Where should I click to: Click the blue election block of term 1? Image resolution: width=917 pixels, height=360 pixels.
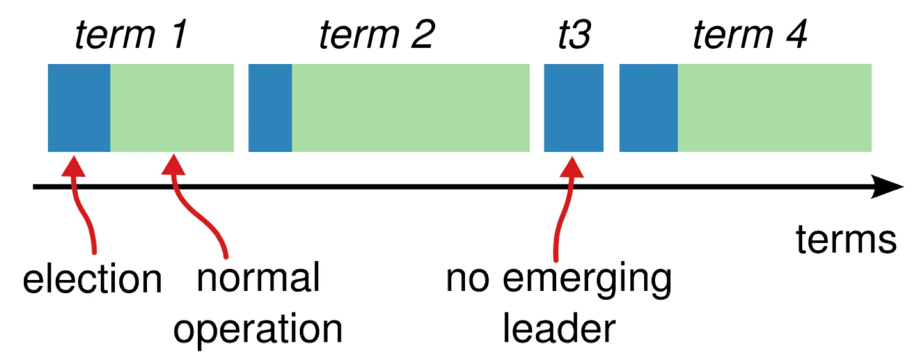(x=79, y=108)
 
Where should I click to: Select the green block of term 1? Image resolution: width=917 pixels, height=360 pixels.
(x=172, y=108)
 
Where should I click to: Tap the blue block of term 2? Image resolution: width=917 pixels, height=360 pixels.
(x=270, y=108)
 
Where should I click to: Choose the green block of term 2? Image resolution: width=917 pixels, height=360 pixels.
(x=410, y=108)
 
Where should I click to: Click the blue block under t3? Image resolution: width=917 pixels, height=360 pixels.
(x=573, y=108)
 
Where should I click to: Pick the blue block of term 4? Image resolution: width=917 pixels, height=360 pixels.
(x=649, y=108)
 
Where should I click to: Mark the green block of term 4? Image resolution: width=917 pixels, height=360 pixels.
(x=774, y=108)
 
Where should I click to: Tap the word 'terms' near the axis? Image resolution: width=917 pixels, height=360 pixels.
(x=846, y=240)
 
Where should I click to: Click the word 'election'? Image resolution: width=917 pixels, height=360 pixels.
(x=92, y=279)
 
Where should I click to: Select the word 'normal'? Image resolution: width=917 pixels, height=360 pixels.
(x=258, y=278)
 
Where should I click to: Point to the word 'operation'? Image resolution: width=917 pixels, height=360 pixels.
(x=258, y=329)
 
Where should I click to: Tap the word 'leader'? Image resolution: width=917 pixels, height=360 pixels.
(x=558, y=329)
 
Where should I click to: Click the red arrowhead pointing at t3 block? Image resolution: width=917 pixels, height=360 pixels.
(x=572, y=167)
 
